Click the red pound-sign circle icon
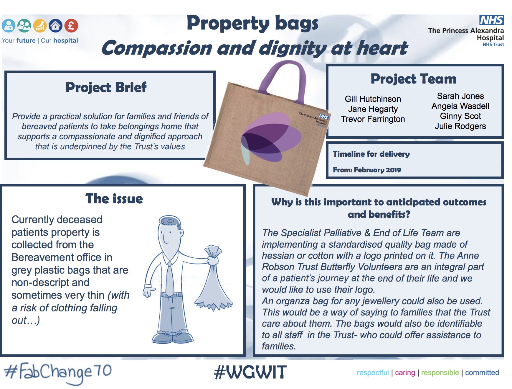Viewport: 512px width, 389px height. coord(71,26)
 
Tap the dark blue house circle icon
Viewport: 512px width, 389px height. coord(55,26)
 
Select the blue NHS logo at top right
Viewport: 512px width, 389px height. coord(491,20)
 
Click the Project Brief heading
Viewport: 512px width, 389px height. coord(106,87)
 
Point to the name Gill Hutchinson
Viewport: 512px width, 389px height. coord(373,99)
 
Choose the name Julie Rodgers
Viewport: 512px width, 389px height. coord(460,126)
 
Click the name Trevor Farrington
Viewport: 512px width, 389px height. coord(373,119)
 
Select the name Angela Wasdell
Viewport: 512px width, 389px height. coord(460,106)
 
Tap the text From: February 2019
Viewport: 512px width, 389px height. coord(367,170)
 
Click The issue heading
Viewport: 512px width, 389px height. coord(114,199)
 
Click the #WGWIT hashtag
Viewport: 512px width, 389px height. coord(250,372)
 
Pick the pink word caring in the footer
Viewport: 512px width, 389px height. coord(405,373)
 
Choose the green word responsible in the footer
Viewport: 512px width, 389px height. coord(440,373)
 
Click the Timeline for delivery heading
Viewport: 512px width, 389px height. coord(371,154)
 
